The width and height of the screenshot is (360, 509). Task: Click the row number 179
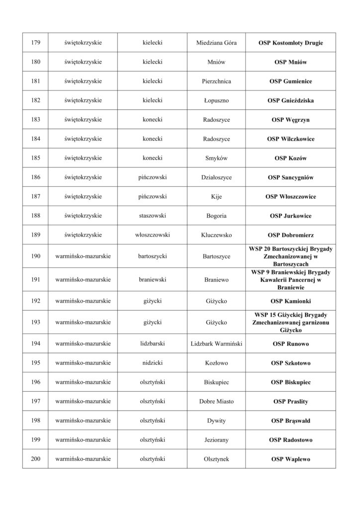point(35,43)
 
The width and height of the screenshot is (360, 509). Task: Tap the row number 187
point(35,196)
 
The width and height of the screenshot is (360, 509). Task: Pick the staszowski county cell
point(152,216)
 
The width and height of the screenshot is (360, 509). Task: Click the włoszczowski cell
point(152,235)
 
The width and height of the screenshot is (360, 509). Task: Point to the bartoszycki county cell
point(152,256)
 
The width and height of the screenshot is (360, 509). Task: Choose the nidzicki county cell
point(152,363)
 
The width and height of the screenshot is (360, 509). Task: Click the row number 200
point(35,459)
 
